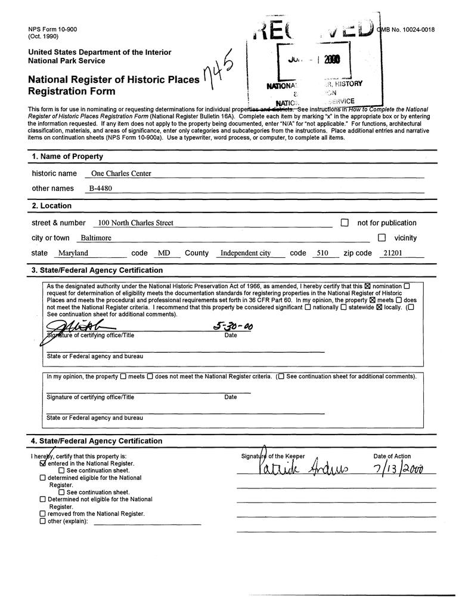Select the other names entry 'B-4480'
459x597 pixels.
click(x=101, y=189)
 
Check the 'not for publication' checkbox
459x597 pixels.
click(x=345, y=223)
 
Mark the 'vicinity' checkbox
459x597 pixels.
click(x=382, y=238)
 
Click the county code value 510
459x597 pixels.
click(x=323, y=253)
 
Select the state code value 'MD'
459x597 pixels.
click(x=164, y=253)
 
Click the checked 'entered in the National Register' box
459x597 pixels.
click(x=42, y=463)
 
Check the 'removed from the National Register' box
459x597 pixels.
click(x=42, y=513)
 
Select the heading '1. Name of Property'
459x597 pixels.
click(x=67, y=156)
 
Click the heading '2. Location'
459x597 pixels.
click(x=52, y=206)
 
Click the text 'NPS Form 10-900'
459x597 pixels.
click(x=52, y=29)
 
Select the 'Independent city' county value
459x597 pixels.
click(x=246, y=253)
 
